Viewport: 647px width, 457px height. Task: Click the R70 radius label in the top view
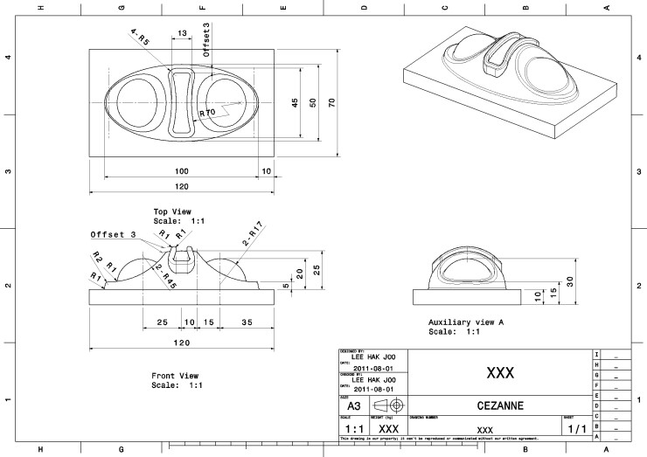pyautogui.click(x=207, y=113)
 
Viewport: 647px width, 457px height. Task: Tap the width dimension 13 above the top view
pyautogui.click(x=181, y=33)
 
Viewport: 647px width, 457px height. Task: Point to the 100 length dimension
pyautogui.click(x=181, y=170)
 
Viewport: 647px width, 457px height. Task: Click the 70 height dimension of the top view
pyautogui.click(x=332, y=102)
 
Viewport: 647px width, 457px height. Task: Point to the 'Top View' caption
pyautogui.click(x=172, y=211)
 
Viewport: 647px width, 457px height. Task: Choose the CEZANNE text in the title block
pyautogui.click(x=500, y=406)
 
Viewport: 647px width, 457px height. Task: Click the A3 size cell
pyautogui.click(x=353, y=406)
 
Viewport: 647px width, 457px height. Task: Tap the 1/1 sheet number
pyautogui.click(x=576, y=430)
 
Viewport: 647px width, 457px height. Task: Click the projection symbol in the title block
pyautogui.click(x=388, y=406)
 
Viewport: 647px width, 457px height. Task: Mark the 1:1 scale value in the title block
pyautogui.click(x=353, y=430)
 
